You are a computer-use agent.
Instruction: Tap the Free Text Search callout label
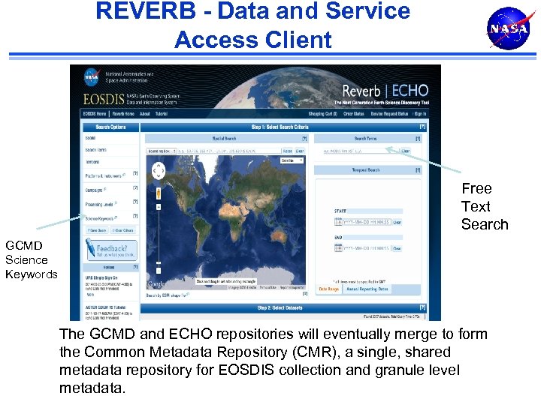coord(485,206)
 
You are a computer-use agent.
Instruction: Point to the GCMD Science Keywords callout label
coord(31,259)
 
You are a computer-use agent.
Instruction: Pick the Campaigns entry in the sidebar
coord(96,189)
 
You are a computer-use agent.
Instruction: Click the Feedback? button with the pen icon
coord(110,248)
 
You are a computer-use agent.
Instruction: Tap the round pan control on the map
coord(158,172)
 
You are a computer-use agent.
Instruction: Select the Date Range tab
coord(328,289)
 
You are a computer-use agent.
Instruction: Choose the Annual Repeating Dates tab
coord(367,289)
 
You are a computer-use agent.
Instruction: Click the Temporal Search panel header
coord(367,170)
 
